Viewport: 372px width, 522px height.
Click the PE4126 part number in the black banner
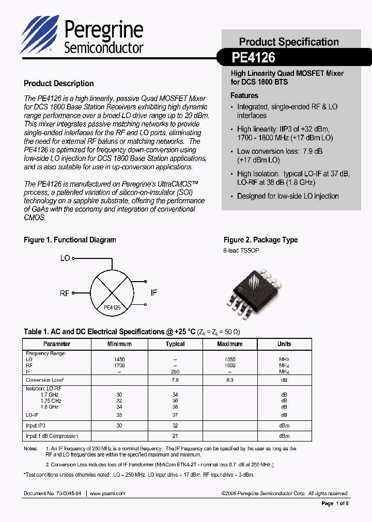pos(254,57)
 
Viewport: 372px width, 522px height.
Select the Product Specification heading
pos(289,42)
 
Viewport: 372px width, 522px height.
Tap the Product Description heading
pos(59,84)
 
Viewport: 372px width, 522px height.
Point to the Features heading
pos(244,95)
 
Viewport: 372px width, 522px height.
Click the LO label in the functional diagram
pos(65,258)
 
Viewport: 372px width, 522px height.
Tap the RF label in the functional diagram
pos(65,293)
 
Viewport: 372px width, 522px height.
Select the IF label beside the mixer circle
pos(153,292)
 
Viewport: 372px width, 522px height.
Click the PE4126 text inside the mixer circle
pos(112,307)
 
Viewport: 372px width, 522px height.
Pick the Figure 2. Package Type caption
pos(260,240)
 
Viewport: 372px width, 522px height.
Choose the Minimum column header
pos(119,344)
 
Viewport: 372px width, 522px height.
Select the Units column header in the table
pos(284,344)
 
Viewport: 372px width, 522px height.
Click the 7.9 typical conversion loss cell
pos(175,380)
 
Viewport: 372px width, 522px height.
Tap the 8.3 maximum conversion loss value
pos(230,380)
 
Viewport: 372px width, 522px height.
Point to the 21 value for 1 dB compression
pos(175,436)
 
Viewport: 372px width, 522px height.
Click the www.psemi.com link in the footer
pos(107,494)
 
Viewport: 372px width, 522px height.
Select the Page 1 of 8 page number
pos(335,503)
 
